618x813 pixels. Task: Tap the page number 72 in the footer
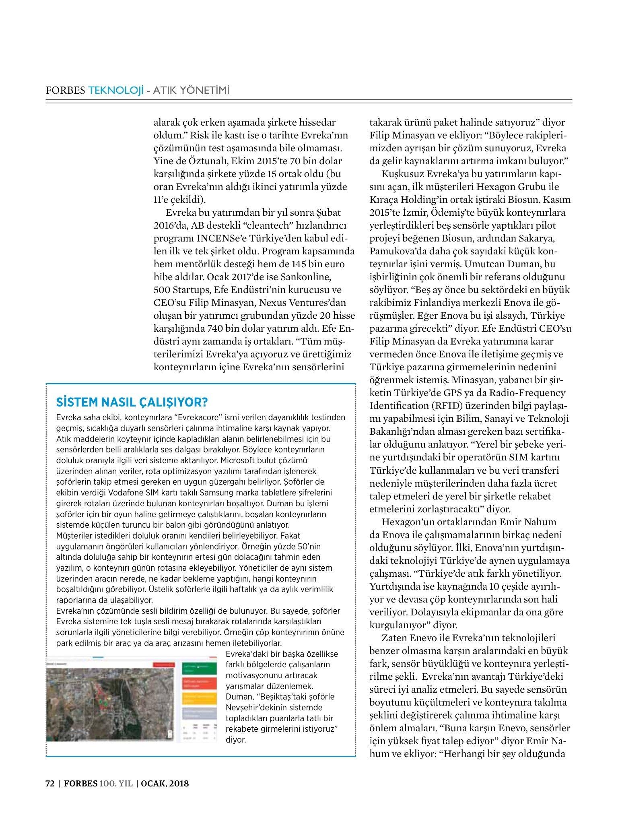[x=50, y=784]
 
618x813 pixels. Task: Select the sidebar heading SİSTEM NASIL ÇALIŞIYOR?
[x=132, y=402]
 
